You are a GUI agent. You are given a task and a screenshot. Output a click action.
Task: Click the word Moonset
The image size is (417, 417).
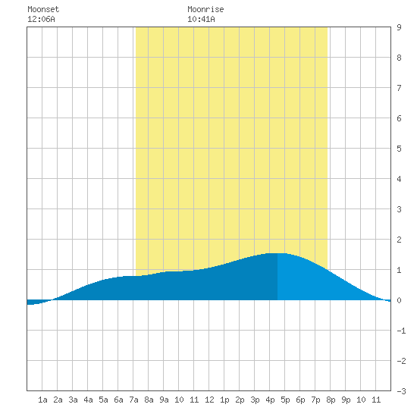coord(43,9)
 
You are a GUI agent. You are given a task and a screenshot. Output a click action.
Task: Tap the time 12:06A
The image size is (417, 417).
coord(41,19)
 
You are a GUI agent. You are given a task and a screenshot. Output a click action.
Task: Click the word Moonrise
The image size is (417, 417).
coord(205,9)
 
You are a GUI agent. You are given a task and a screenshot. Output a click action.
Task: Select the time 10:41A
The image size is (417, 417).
coord(201,19)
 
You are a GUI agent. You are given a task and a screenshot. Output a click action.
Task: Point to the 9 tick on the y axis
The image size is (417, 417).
coord(399,27)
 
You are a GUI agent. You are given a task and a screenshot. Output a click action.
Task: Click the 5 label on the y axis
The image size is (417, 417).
coord(399,149)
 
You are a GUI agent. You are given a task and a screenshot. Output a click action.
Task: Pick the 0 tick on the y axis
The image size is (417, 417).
coord(399,300)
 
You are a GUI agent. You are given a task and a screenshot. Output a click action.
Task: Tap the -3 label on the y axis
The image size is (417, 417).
coord(401,391)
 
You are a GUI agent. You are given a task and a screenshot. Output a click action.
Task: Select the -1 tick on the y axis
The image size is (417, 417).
coord(401,331)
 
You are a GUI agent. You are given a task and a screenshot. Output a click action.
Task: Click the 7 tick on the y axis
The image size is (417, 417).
coord(399,88)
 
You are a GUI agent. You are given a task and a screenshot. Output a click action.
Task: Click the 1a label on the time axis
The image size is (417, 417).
coord(42,400)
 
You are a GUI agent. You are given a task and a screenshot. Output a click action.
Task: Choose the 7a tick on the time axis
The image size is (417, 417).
coord(133,400)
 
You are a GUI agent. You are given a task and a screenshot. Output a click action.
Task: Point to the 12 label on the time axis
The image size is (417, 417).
coord(209,400)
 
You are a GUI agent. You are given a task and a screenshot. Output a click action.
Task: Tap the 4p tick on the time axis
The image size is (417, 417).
coord(270,400)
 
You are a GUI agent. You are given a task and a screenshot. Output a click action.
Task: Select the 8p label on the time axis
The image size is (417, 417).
coord(331,400)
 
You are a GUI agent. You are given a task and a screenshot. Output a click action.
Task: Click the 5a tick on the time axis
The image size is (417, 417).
coord(103,400)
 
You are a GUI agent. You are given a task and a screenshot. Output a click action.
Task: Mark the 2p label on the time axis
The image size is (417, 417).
coord(240,400)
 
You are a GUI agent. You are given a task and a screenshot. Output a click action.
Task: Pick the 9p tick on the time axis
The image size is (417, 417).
coord(346,400)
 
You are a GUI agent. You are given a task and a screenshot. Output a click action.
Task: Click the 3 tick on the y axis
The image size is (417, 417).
coord(399,209)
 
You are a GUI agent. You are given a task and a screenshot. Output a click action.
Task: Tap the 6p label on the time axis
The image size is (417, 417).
coord(300,400)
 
